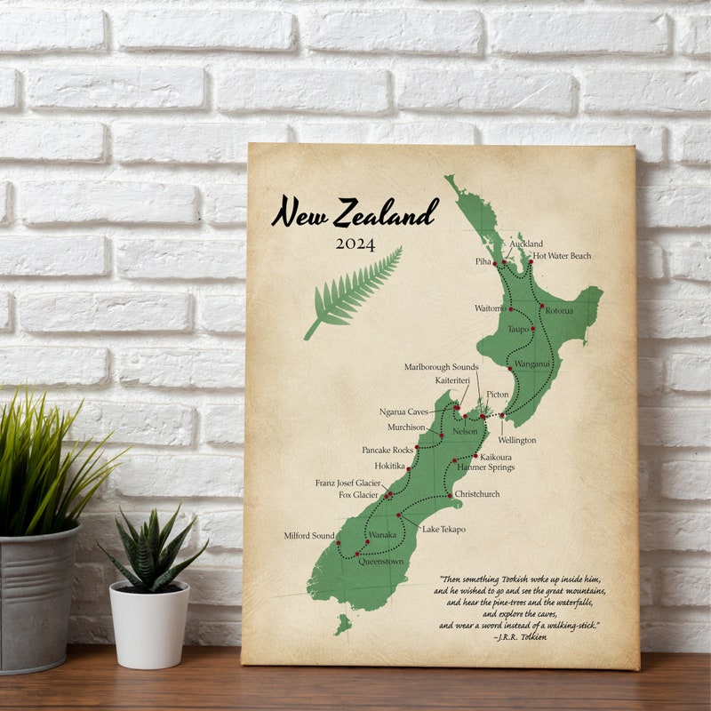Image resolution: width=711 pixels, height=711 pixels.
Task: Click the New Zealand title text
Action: coord(355,213)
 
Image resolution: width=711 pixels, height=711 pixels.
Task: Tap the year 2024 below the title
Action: coord(355,244)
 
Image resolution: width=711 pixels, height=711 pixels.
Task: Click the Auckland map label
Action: coord(526,244)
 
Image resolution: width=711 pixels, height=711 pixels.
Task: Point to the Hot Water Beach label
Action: coord(562,256)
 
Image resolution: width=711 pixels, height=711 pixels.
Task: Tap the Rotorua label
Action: coord(559,310)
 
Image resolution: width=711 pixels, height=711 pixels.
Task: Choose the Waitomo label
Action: coord(490,308)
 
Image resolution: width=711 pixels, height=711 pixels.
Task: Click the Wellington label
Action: coord(516,440)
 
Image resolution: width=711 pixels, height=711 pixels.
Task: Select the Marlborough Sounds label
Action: coord(441,366)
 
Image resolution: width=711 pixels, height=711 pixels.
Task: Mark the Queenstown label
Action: coord(380,562)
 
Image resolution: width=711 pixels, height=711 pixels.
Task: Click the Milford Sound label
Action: coord(309,536)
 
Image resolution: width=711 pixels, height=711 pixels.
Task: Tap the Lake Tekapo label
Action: coord(443,529)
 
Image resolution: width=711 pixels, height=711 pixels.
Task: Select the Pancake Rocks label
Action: coord(387,450)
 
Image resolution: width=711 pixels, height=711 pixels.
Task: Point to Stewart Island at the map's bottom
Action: coord(343,625)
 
